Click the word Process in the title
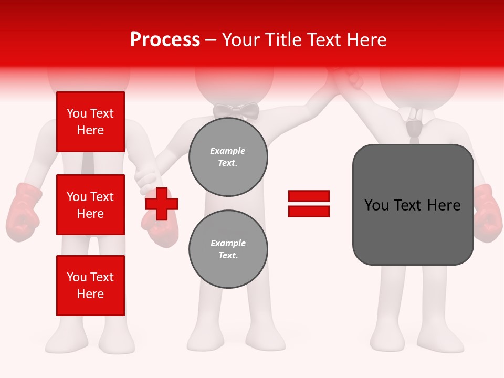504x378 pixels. click(165, 40)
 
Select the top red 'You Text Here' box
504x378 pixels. click(90, 122)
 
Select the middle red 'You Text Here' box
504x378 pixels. click(90, 205)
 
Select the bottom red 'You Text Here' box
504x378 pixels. click(90, 286)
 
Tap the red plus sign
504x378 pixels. click(162, 204)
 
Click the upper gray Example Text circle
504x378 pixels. click(228, 157)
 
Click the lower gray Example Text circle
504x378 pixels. click(228, 249)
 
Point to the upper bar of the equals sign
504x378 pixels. click(309, 196)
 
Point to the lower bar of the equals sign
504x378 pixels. click(309, 211)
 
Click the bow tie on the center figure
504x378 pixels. click(236, 111)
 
